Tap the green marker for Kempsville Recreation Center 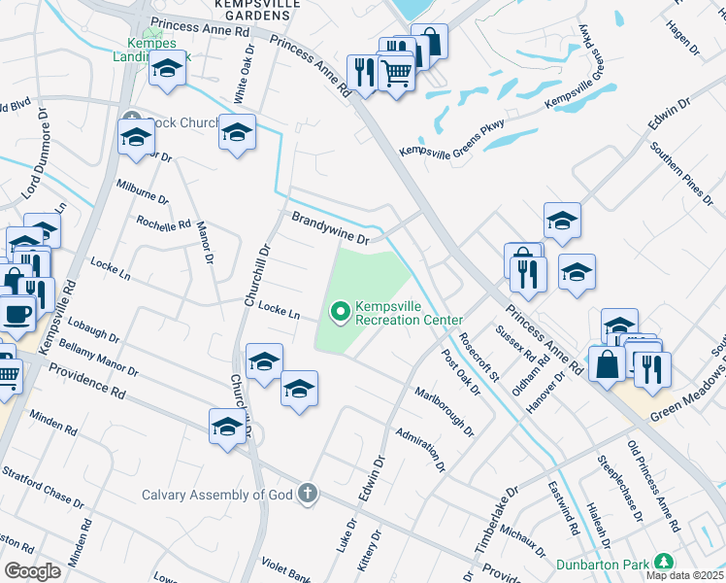[340, 312]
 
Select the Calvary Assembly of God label [217, 495]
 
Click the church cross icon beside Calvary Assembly [308, 494]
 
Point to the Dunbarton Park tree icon [664, 563]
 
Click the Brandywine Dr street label [332, 227]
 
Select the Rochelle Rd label [163, 224]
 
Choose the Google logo [32, 570]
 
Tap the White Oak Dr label [244, 76]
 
